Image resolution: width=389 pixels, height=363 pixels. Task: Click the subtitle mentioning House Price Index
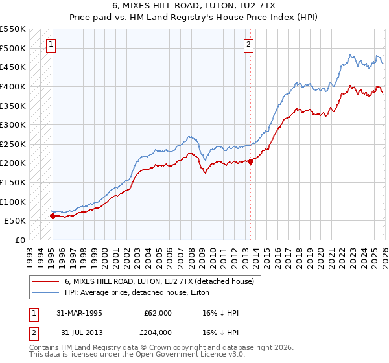tap(194, 18)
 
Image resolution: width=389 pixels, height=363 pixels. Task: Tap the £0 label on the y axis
tap(19, 240)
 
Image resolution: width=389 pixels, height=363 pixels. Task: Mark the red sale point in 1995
tap(53, 216)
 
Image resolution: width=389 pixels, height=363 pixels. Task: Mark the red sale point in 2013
tap(250, 161)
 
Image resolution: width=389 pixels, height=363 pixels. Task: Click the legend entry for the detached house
tap(163, 281)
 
